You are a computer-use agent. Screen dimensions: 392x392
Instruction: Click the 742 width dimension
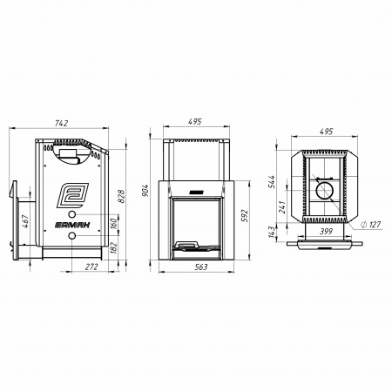[x=61, y=123]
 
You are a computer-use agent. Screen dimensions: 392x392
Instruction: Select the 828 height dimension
[x=121, y=196]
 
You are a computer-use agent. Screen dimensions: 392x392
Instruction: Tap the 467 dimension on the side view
[x=25, y=221]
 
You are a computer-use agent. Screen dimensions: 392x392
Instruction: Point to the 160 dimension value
[x=113, y=223]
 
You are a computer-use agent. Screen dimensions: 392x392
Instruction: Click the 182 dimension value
[x=113, y=248]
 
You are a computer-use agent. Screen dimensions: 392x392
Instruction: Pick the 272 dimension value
[x=91, y=267]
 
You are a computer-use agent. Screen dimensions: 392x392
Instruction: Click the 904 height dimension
[x=145, y=191]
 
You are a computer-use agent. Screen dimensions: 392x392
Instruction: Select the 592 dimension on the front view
[x=245, y=216]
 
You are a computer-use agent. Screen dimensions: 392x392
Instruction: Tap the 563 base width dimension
[x=201, y=267]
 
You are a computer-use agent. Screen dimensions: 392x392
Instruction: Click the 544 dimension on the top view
[x=272, y=182]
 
